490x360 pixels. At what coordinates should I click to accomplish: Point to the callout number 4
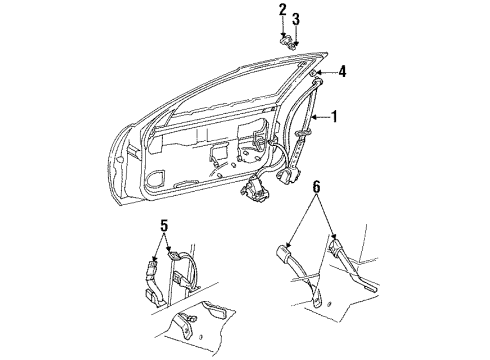click(x=342, y=70)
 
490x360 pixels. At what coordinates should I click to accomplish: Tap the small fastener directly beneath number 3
click(x=297, y=44)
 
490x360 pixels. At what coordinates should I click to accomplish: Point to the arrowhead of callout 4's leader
click(x=321, y=74)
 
